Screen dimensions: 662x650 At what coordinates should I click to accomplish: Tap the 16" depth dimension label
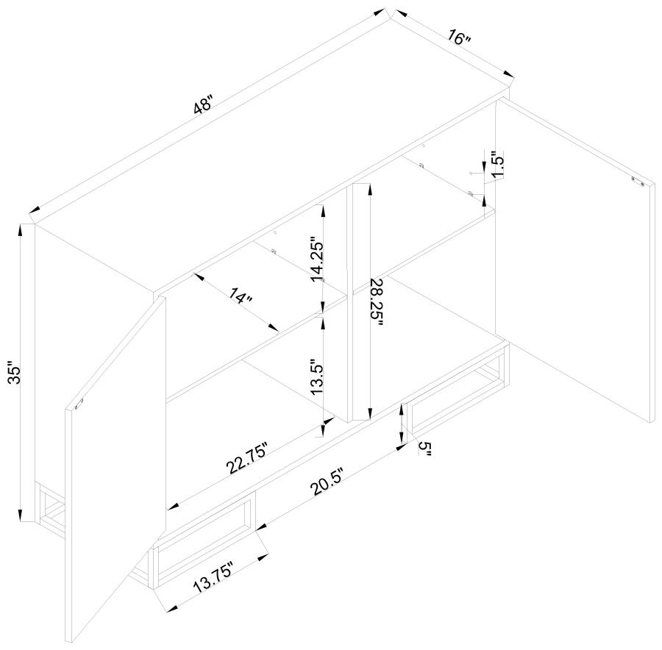[x=459, y=37]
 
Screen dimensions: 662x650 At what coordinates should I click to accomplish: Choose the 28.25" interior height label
[x=375, y=302]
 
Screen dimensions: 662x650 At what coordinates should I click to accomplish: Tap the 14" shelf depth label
[x=241, y=296]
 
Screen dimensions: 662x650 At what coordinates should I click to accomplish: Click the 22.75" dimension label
[x=247, y=458]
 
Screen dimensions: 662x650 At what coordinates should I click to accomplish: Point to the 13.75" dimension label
[x=213, y=577]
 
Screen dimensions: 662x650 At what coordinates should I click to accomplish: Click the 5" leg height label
[x=424, y=449]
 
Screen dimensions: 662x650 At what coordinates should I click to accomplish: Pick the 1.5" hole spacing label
[x=498, y=165]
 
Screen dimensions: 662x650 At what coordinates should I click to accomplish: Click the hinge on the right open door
[x=637, y=181]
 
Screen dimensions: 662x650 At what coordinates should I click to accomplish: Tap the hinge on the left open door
[x=79, y=404]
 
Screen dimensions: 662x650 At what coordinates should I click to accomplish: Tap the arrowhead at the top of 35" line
[x=20, y=229]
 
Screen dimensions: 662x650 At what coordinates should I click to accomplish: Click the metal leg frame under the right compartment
[x=457, y=399]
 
